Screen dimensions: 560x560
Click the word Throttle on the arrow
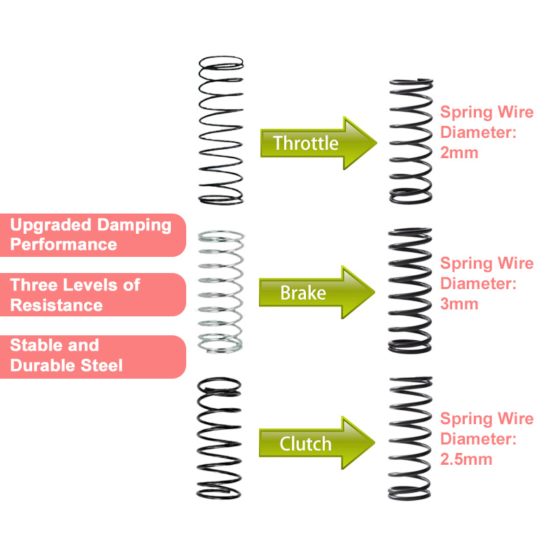(x=306, y=143)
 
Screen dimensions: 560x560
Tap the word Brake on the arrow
(x=303, y=293)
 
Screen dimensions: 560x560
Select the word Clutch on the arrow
(x=305, y=443)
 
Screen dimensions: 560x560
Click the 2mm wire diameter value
(x=459, y=152)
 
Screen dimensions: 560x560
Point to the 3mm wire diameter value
(x=459, y=304)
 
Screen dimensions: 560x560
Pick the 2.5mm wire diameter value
(x=466, y=459)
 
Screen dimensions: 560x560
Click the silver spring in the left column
(x=220, y=290)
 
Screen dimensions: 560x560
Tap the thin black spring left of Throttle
(x=220, y=131)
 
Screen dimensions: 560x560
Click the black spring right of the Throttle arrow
(x=411, y=141)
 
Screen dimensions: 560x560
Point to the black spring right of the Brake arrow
(x=411, y=289)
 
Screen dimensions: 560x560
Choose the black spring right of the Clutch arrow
(x=411, y=438)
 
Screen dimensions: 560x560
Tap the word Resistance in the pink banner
(x=56, y=305)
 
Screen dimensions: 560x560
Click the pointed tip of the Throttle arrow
(x=374, y=143)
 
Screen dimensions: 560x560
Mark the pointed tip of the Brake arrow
(x=374, y=293)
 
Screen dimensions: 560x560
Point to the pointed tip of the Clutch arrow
(x=374, y=443)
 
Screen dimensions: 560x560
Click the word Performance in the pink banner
(x=64, y=244)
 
